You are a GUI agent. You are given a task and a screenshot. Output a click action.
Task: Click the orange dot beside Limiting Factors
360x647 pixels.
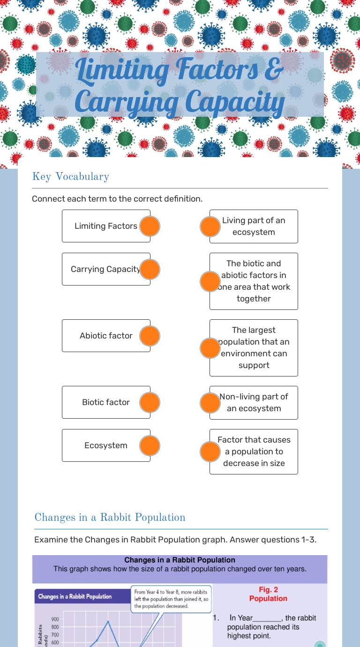(150, 226)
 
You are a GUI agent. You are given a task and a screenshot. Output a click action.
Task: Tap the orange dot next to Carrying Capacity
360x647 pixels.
(150, 270)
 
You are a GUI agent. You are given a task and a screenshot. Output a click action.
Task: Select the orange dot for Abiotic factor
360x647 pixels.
(150, 336)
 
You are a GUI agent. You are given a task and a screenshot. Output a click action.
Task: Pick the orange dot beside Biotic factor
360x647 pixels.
(150, 403)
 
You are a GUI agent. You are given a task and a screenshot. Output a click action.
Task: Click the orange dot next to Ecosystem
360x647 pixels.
(150, 446)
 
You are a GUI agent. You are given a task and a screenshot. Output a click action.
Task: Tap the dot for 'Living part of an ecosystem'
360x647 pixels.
(210, 226)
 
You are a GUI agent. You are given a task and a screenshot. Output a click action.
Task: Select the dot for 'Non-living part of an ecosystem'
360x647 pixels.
(210, 403)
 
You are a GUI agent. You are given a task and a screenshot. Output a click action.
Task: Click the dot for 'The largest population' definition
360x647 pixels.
(210, 348)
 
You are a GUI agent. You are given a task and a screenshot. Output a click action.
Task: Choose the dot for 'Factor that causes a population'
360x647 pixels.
(210, 452)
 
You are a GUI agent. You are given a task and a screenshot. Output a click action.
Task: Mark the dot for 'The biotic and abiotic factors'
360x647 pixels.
(210, 281)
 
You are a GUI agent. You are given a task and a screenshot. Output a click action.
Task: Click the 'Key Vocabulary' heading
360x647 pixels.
(70, 177)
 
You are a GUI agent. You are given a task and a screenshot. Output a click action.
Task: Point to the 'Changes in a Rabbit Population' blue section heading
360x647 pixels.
(110, 518)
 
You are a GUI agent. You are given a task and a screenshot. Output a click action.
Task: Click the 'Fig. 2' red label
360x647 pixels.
(269, 590)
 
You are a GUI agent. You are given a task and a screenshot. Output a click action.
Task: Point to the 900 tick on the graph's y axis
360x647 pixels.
(55, 619)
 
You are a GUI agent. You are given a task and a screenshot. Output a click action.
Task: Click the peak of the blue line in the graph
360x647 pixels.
(108, 621)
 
